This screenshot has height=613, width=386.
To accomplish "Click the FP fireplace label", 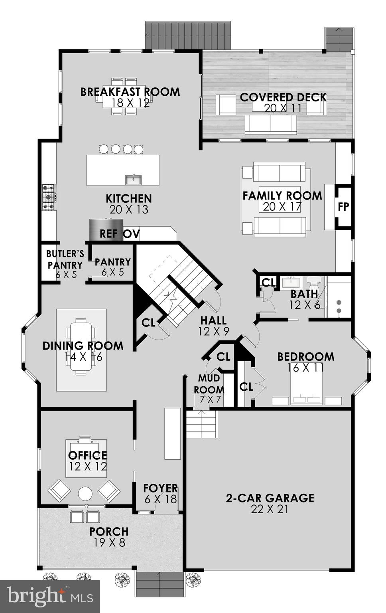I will tap(343, 207).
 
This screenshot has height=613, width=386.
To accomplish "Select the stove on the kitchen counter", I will tap(49, 197).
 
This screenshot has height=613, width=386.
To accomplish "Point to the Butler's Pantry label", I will tap(65, 259).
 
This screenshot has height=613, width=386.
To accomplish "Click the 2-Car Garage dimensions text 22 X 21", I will tap(270, 509).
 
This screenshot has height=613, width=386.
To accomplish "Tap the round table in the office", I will tap(85, 494).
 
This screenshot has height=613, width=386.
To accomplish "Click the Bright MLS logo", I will tap(50, 597).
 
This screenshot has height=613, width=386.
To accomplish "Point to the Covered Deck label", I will tap(283, 97).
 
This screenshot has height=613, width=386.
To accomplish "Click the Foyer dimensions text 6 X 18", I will tap(161, 499).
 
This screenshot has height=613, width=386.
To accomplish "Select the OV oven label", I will tap(131, 234).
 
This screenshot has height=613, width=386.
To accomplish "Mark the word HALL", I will tap(213, 320).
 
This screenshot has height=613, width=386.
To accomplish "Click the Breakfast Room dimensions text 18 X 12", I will tap(130, 103).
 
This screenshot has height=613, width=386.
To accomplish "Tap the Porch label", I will tap(109, 532).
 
